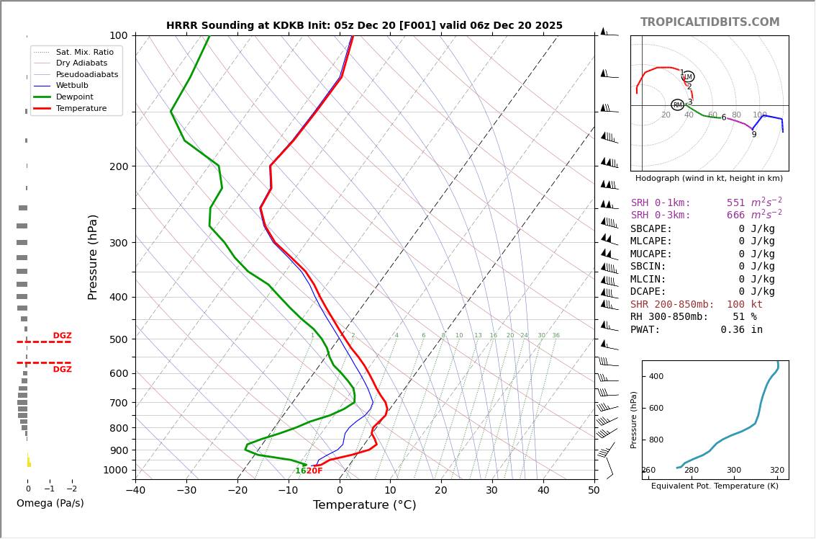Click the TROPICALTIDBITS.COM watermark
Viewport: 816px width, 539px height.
coord(710,22)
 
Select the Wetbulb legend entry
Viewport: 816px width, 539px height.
coord(73,86)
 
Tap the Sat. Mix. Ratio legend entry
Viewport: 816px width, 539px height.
coord(84,53)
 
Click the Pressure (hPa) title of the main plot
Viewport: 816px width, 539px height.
coord(93,257)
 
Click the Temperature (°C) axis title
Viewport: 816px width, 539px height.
coord(364,505)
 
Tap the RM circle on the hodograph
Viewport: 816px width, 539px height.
coord(677,105)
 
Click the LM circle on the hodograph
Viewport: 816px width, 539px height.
coord(688,76)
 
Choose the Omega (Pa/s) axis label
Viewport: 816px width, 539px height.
coord(50,503)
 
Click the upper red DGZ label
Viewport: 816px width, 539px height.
coord(62,336)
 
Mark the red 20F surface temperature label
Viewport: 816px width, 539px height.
coord(314,471)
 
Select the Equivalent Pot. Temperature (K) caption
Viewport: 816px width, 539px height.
coord(715,486)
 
